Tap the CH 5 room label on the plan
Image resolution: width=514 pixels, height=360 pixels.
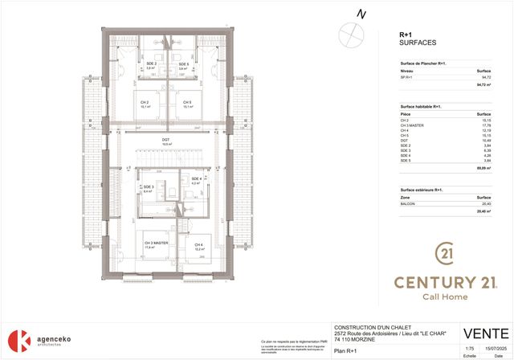186,102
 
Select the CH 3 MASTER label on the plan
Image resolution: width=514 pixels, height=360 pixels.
156,243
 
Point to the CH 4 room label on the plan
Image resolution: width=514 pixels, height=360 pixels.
198,244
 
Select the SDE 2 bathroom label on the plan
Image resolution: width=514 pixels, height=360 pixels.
150,63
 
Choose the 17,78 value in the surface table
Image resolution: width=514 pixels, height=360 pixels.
484,125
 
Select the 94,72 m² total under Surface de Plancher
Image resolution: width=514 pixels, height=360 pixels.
483,84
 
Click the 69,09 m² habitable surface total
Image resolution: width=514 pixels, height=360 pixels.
483,169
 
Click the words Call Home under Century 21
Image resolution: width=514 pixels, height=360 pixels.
445,297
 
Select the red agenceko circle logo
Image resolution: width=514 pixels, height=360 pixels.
19,338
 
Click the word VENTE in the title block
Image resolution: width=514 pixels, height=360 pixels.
485,333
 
